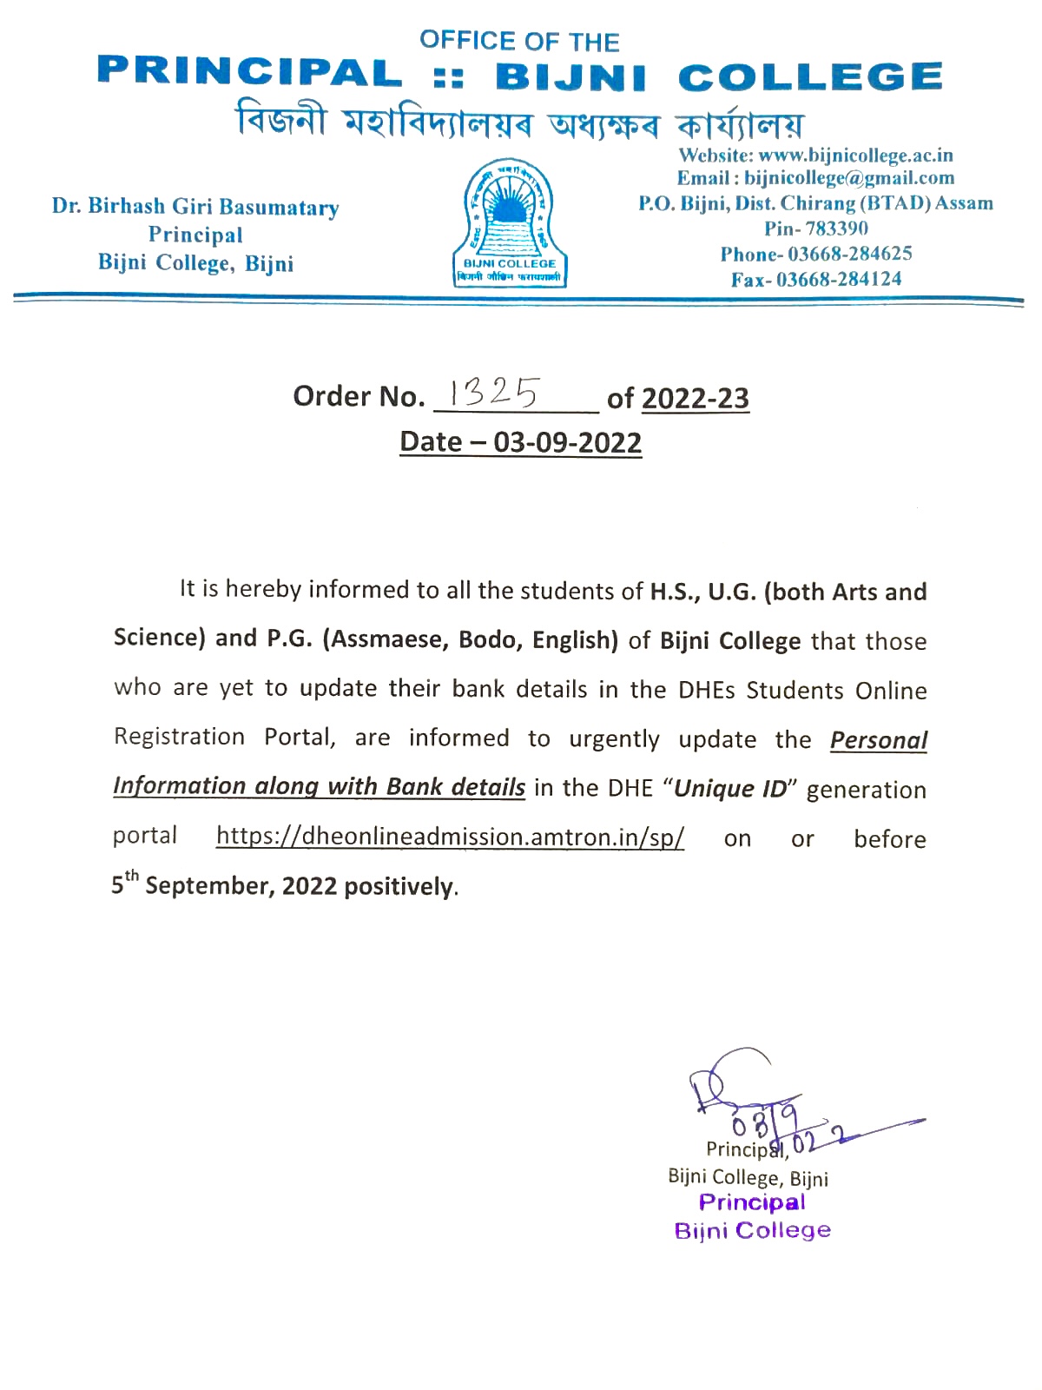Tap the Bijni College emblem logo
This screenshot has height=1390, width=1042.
[x=510, y=223]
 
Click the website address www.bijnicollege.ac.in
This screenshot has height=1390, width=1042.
[x=855, y=156]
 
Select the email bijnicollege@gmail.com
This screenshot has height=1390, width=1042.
[x=848, y=178]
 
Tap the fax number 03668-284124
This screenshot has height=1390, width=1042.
[x=839, y=279]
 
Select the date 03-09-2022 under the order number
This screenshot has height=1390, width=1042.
[x=567, y=442]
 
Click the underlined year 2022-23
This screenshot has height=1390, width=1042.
[x=695, y=398]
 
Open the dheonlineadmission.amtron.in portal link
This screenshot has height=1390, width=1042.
[x=450, y=837]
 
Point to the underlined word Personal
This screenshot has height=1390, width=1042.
[x=878, y=740]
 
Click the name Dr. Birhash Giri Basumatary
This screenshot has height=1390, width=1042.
[x=195, y=207]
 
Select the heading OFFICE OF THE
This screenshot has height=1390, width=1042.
[x=519, y=41]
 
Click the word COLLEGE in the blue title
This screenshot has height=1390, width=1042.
[x=809, y=77]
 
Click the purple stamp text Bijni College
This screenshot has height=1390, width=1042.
[x=752, y=1230]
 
